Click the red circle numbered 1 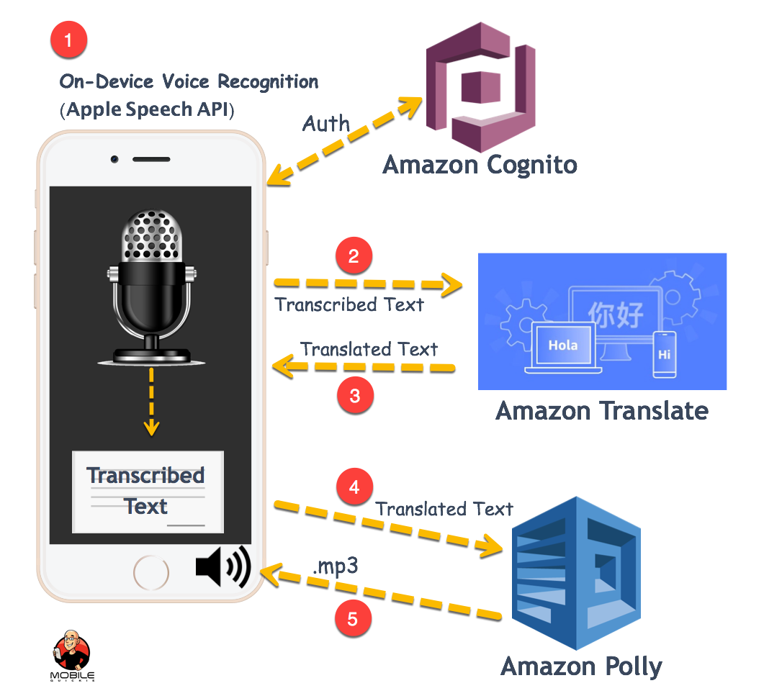[68, 40]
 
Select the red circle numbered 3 [355, 395]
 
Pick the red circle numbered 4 [354, 488]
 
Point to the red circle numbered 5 [353, 620]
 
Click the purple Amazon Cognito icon [480, 86]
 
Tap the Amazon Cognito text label [480, 165]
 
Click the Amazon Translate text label [601, 411]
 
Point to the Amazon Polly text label [581, 666]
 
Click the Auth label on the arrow [326, 123]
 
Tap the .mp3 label [335, 566]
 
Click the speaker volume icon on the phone [223, 567]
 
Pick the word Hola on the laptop [562, 345]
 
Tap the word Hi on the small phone [664, 354]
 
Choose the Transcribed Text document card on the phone [148, 492]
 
